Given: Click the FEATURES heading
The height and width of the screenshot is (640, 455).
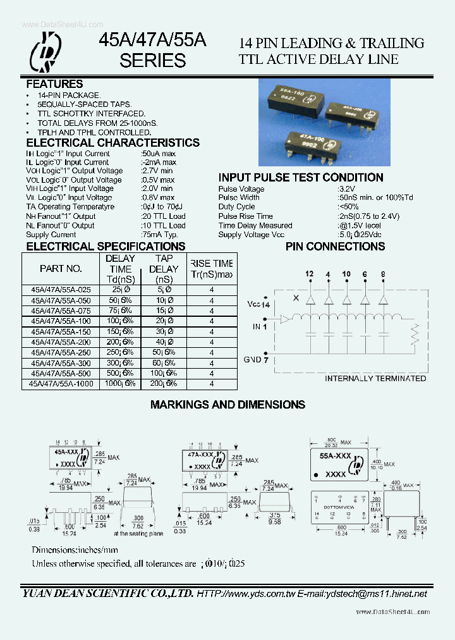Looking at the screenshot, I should [54, 83].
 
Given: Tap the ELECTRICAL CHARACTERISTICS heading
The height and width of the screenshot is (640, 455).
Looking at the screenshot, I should [112, 143].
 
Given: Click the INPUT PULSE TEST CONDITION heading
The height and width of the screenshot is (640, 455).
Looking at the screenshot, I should [301, 178].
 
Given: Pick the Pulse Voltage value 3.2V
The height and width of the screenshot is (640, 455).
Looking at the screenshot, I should [346, 189].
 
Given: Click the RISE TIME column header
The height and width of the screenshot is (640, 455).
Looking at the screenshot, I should [211, 269].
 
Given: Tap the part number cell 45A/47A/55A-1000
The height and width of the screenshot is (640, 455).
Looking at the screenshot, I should [61, 383].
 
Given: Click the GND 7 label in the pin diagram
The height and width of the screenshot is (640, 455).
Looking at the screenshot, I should [257, 359].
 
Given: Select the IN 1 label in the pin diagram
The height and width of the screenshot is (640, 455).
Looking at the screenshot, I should [260, 327].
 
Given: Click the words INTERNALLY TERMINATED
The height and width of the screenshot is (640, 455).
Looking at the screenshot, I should [375, 378].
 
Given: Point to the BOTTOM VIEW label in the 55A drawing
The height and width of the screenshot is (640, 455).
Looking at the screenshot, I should [340, 507].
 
